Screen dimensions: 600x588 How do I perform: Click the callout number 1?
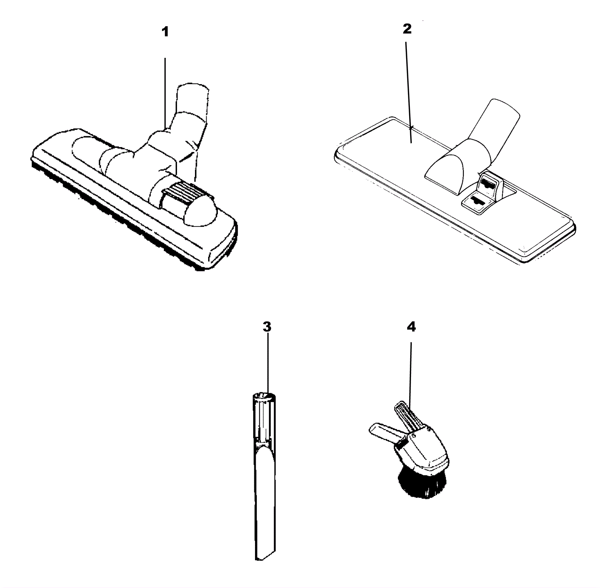coord(165,32)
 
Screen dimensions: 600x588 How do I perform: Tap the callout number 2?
coord(407,29)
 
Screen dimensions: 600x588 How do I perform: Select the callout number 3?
coord(267,327)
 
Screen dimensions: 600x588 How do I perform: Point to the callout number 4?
coord(411,327)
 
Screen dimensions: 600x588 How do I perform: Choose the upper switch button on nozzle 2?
coord(488,183)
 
